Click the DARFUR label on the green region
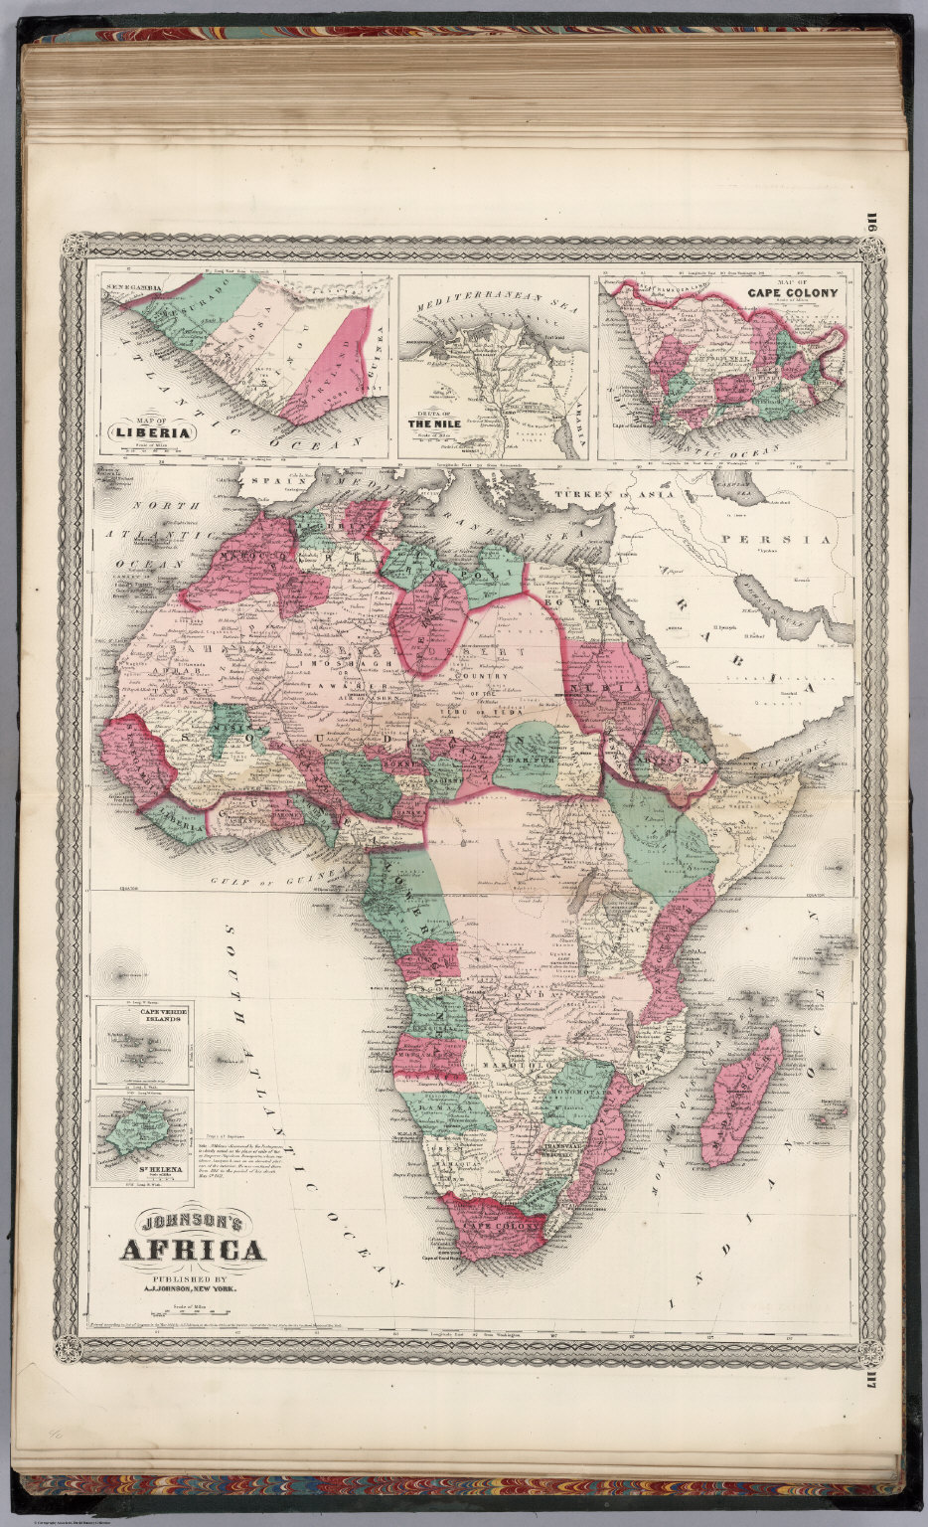(x=538, y=762)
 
